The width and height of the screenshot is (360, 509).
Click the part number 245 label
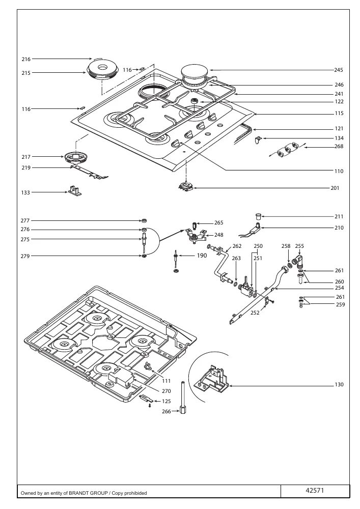pos(339,70)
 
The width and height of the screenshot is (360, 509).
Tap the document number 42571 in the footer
pos(315,491)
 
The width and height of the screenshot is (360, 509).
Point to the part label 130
pos(339,385)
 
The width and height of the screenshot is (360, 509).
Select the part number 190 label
pos(202,256)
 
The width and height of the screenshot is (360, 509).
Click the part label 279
pos(25,256)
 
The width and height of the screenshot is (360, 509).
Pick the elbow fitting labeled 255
pos(298,261)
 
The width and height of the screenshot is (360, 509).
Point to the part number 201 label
pos(335,188)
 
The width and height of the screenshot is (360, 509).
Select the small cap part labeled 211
pos(258,216)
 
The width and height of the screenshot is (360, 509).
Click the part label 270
pos(166,391)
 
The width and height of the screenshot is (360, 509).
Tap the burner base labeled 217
pos(76,159)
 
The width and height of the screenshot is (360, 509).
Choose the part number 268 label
pos(339,147)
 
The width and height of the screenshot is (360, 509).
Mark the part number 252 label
pos(255,313)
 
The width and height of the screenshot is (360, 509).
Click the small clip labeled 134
pos(258,140)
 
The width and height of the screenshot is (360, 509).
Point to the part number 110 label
pos(339,171)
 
